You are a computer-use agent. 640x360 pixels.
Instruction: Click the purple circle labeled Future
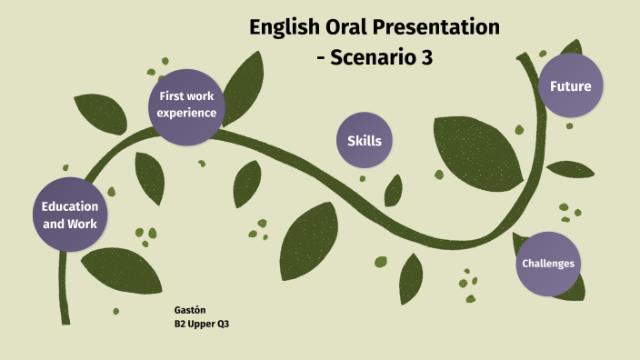[x=570, y=86]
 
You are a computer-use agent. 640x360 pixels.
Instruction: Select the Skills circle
[x=364, y=140]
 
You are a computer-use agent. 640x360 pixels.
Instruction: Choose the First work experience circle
[x=186, y=105]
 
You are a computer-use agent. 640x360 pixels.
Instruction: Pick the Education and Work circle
[x=70, y=215]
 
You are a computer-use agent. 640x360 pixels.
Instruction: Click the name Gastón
[x=189, y=310]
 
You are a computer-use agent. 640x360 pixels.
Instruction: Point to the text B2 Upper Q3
[x=201, y=324]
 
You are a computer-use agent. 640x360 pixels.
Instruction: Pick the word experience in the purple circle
[x=186, y=113]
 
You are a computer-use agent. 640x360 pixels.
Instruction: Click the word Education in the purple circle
[x=70, y=206]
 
